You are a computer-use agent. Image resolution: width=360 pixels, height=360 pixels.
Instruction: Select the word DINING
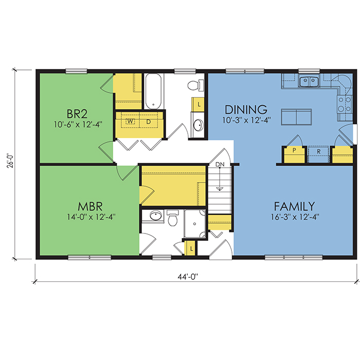click(x=246, y=110)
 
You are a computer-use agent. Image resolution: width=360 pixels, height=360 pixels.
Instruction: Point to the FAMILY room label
click(x=295, y=206)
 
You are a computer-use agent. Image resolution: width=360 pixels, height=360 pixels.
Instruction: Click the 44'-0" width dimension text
click(x=188, y=277)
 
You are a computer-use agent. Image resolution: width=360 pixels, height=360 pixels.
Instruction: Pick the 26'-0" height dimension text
click(x=11, y=161)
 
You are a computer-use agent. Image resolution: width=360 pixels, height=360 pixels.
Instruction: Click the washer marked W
click(x=130, y=121)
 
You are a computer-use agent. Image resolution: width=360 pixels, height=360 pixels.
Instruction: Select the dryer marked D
click(x=149, y=122)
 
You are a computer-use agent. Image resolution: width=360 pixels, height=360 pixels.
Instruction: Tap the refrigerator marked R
click(x=318, y=152)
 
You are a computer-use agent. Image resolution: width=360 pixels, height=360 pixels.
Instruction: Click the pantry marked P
click(x=294, y=154)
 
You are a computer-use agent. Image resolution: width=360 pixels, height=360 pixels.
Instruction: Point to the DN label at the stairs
click(x=220, y=165)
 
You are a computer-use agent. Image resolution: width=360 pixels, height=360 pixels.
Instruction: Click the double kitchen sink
click(x=309, y=81)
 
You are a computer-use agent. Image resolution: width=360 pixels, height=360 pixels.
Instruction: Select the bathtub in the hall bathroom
click(x=153, y=92)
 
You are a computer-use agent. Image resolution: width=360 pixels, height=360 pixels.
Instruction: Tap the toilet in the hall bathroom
click(x=195, y=85)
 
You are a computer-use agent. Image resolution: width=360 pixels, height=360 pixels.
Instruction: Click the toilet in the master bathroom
click(x=172, y=218)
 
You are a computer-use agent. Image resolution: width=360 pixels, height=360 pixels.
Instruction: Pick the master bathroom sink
click(x=156, y=216)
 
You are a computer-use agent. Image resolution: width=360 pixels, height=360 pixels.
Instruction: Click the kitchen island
click(x=296, y=117)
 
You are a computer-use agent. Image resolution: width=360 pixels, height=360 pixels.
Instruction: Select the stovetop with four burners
click(x=345, y=104)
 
